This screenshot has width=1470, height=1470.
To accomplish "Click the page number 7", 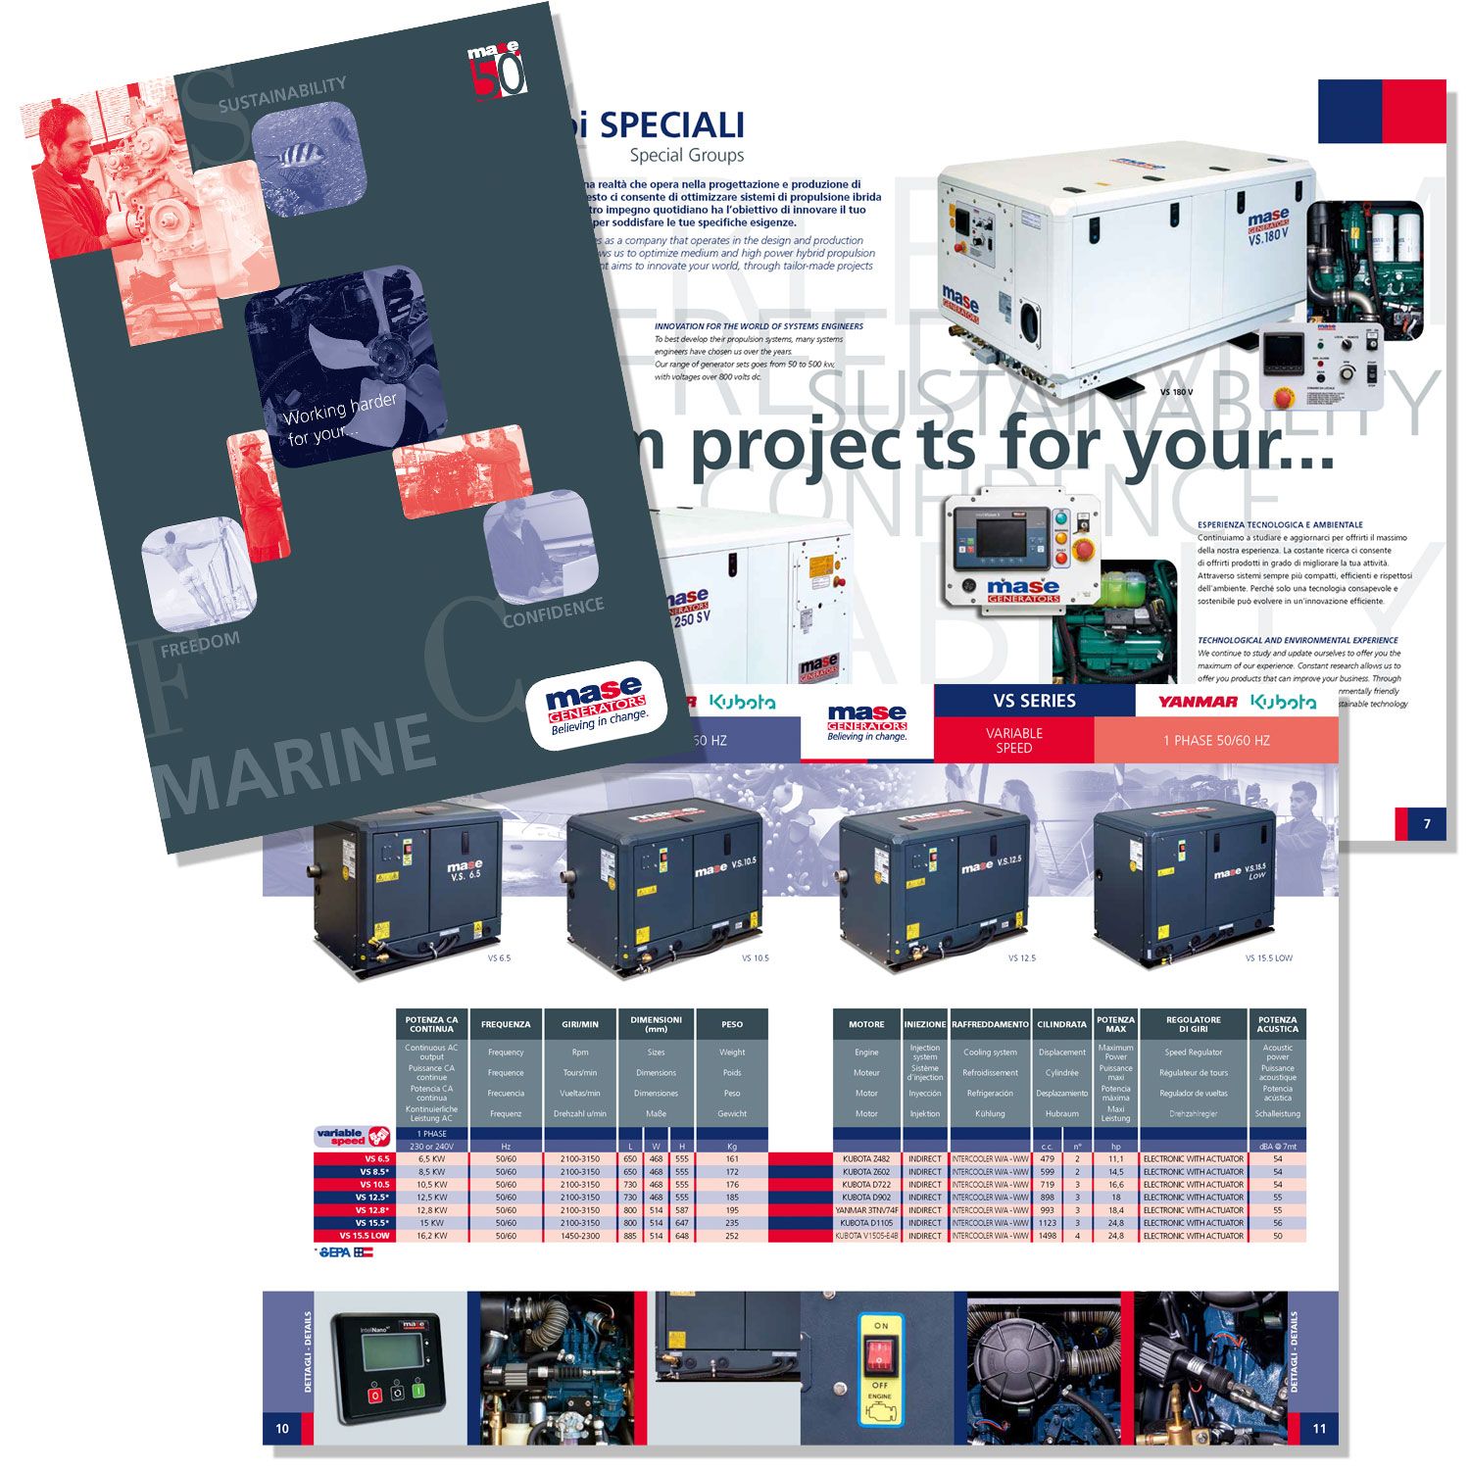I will pos(1427,824).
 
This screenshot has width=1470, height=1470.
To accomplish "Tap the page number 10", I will pos(282,1428).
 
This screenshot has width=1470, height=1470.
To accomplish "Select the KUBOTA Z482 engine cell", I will pos(866,1159).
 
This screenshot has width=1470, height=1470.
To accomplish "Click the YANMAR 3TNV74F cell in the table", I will pos(866,1210).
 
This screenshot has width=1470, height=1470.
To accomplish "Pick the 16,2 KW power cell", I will pos(431,1236).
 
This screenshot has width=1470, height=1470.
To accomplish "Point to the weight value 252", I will pos(732,1236).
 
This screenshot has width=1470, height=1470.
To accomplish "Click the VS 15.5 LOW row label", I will pos(364,1236).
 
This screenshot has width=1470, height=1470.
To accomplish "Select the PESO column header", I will pos(732,1024).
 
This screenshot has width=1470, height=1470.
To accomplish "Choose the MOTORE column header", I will pos(866,1024).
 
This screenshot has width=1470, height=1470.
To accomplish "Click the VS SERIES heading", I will pos(1034,701).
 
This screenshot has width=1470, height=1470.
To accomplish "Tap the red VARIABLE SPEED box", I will pos(1013,740).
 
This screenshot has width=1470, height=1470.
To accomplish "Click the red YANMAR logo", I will pos(1197,702).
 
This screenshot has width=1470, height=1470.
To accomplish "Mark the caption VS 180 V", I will pos(1176,392).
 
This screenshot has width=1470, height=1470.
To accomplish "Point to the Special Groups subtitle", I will pos(686,155).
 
